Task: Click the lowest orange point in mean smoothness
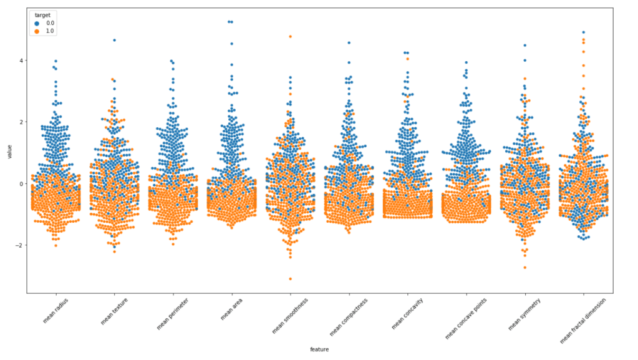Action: coord(290,279)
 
